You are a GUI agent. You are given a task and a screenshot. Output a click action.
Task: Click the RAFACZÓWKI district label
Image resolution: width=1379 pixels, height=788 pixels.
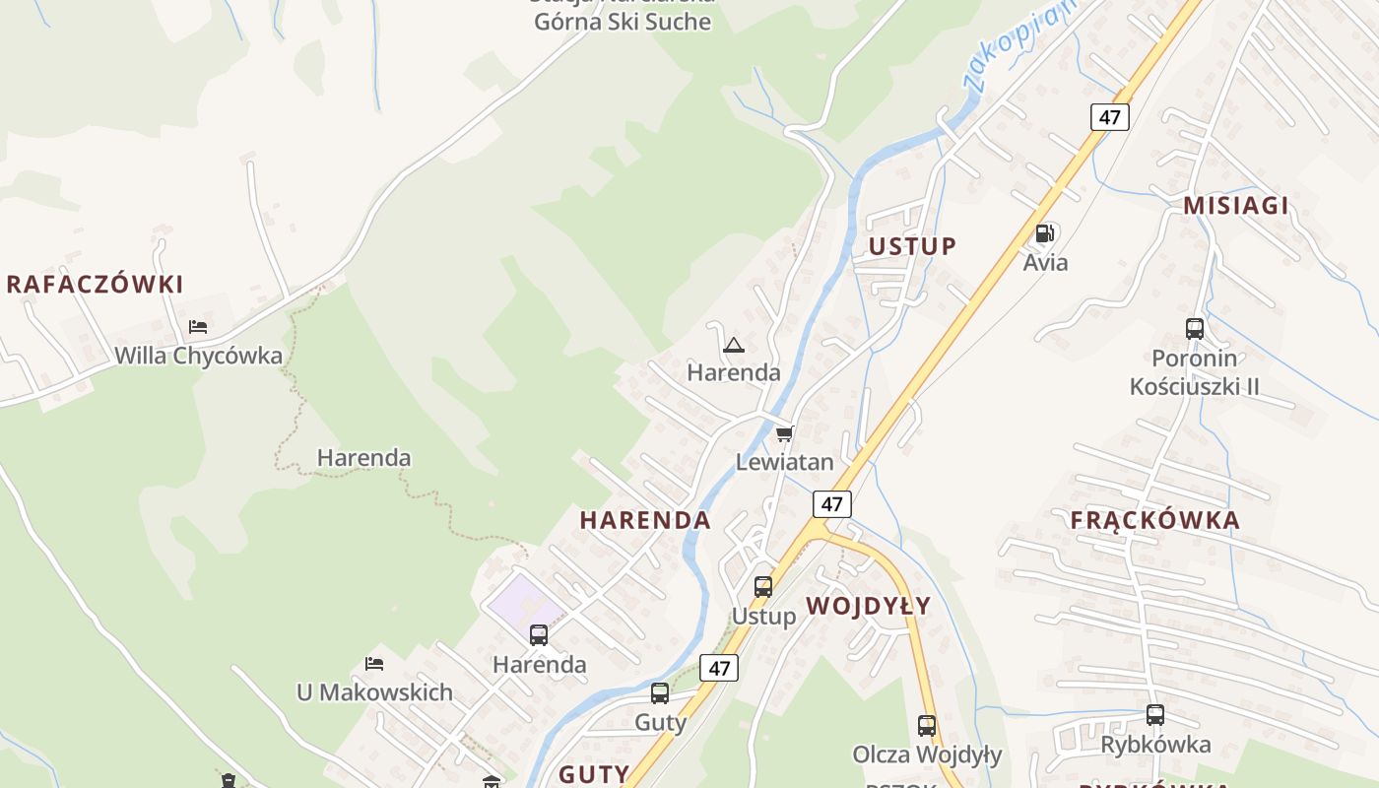click(x=95, y=285)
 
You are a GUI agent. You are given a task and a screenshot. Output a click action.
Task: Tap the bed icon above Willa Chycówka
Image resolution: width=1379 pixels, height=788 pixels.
click(x=198, y=327)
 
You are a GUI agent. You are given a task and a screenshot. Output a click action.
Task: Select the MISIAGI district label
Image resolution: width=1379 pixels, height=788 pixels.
click(x=1235, y=205)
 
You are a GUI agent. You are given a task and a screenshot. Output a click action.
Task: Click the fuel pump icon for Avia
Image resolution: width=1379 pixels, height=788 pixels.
click(x=1044, y=233)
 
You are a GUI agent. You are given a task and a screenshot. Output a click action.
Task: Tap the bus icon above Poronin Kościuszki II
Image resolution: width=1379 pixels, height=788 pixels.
click(x=1194, y=329)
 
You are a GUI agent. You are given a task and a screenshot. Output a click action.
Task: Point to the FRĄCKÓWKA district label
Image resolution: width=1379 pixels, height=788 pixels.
click(x=1154, y=520)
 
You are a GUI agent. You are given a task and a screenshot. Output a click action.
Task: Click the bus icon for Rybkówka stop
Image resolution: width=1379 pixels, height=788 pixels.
click(x=1154, y=715)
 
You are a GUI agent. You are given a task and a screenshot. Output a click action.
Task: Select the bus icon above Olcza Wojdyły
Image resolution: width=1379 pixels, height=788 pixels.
click(x=926, y=726)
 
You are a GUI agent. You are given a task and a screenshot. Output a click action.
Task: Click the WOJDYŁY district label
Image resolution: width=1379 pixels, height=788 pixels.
click(x=868, y=606)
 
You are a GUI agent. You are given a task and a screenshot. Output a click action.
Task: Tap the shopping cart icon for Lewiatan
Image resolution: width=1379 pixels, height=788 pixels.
click(x=784, y=433)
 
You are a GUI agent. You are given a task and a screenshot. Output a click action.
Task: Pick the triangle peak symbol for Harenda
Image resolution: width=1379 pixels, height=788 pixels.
click(x=733, y=345)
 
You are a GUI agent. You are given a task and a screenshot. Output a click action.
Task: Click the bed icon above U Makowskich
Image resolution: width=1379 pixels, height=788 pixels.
click(x=374, y=664)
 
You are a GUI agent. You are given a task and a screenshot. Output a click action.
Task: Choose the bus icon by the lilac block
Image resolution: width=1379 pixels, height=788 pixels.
click(x=539, y=635)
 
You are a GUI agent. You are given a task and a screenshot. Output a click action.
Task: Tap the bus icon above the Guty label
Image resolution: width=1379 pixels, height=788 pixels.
click(x=659, y=693)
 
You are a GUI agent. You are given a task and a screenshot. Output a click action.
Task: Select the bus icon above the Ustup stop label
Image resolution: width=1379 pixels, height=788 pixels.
click(x=762, y=587)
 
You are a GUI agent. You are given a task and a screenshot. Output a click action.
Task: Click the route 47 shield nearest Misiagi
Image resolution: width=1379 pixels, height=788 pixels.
click(x=1109, y=116)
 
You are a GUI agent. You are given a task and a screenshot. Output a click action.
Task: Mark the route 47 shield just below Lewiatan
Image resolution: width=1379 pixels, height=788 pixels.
click(x=832, y=504)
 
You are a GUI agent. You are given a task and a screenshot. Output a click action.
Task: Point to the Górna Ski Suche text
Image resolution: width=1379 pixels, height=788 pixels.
click(x=623, y=22)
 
